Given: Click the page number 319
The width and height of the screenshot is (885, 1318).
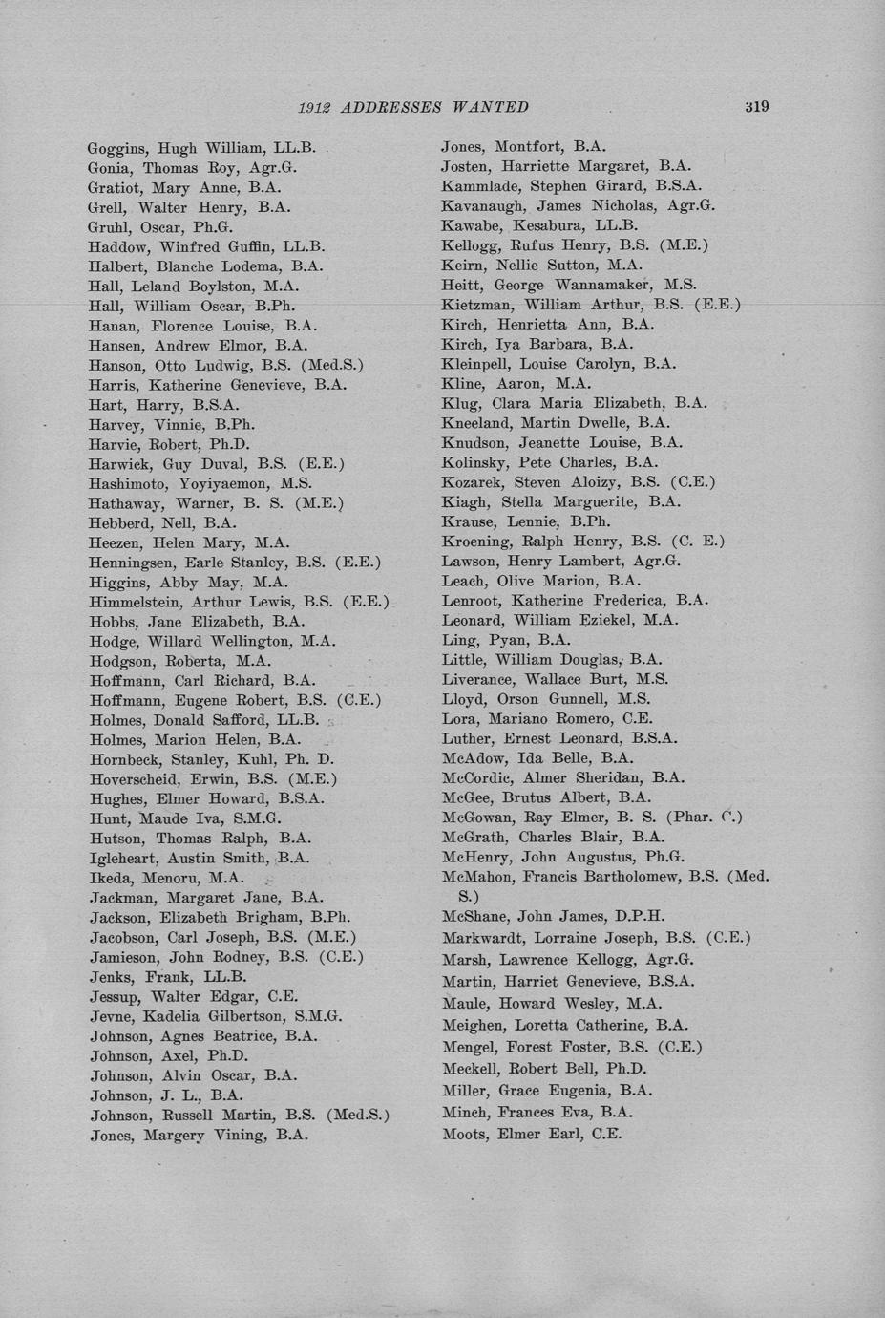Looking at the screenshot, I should coord(756,106).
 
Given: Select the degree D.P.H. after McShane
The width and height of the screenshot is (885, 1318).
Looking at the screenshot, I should coord(640,917).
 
